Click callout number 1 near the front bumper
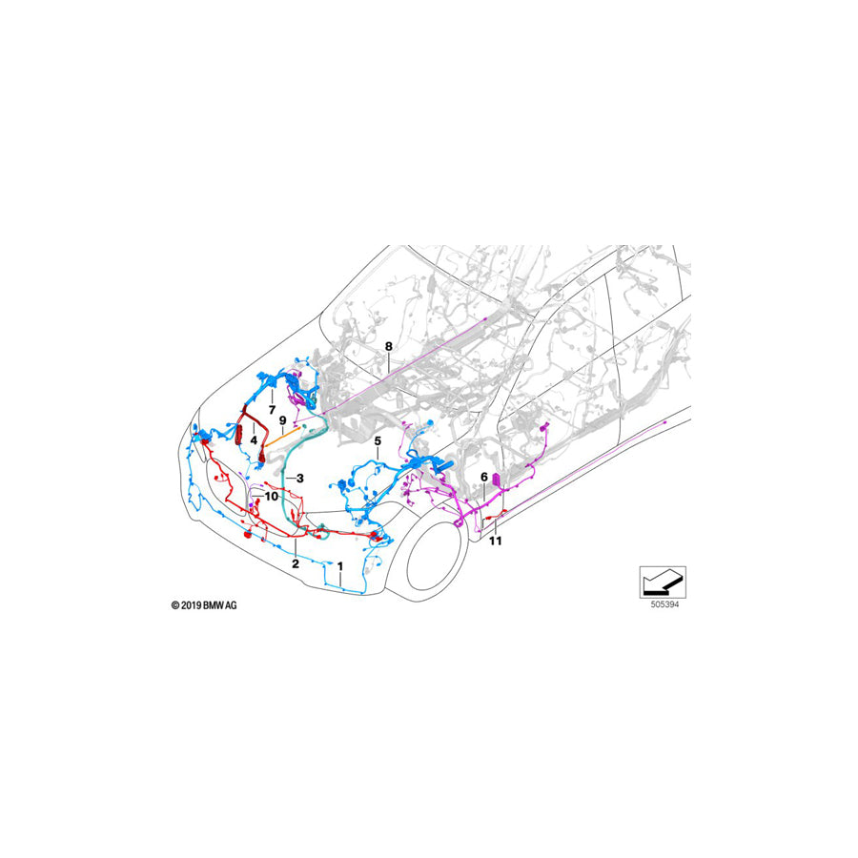click(340, 565)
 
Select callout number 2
click(296, 564)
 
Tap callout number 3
click(299, 478)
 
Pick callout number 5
click(378, 441)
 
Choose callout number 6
click(483, 477)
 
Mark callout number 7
click(272, 409)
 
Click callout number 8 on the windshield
click(388, 345)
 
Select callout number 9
click(283, 419)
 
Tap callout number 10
click(272, 496)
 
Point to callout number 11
click(495, 541)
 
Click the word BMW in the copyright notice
click(215, 604)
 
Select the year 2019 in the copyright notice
click(192, 604)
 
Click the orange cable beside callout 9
click(279, 439)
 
